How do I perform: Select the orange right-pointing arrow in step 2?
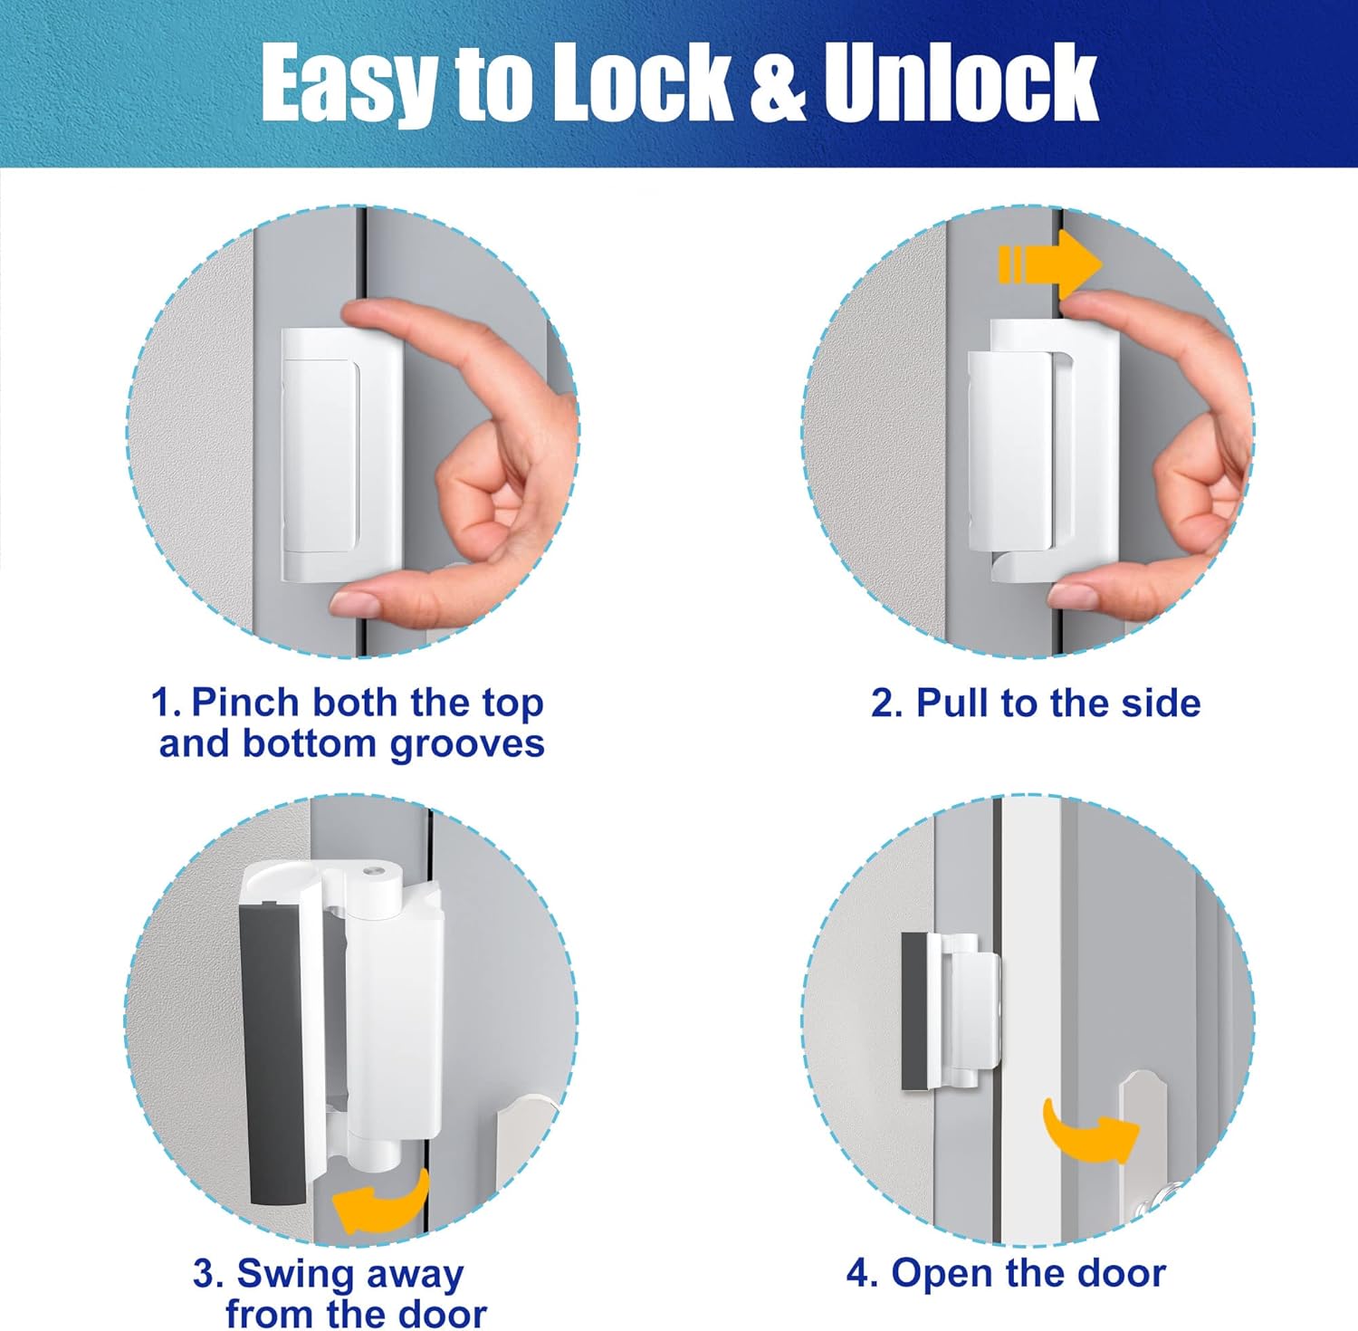click(1050, 265)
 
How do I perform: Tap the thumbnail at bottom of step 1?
click(356, 602)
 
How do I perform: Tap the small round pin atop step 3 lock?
click(373, 871)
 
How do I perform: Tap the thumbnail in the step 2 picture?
click(1075, 595)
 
